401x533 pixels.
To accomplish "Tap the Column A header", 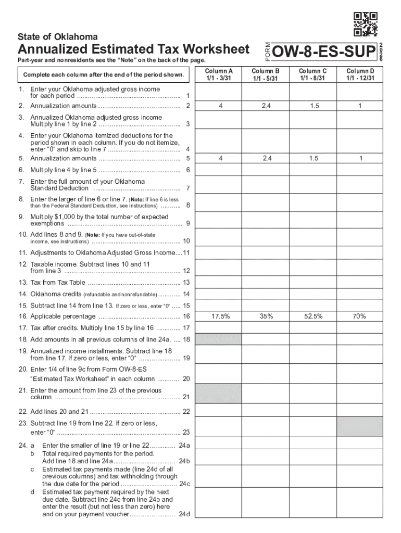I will [x=219, y=74].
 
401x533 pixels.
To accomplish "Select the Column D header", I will [x=360, y=74].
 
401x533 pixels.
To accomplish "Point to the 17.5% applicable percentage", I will [x=221, y=316].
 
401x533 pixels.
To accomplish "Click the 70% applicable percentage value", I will [x=359, y=316].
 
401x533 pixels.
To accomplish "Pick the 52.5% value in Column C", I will [x=313, y=316].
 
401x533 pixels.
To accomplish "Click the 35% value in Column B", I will [x=266, y=316].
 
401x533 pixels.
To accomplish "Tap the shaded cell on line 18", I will [x=219, y=339].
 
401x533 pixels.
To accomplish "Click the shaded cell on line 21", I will [x=219, y=394].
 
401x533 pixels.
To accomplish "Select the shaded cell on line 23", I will [x=360, y=426].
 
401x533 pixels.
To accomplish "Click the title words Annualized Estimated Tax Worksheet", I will [x=134, y=50].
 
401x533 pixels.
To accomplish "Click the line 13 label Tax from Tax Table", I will [x=58, y=283].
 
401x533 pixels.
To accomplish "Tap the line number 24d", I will [x=184, y=515].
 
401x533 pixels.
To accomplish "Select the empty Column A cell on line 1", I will [x=219, y=92].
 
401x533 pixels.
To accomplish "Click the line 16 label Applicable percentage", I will [x=63, y=316].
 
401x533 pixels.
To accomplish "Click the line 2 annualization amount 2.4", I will [x=266, y=106].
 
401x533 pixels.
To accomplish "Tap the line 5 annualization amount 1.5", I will [x=313, y=158].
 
